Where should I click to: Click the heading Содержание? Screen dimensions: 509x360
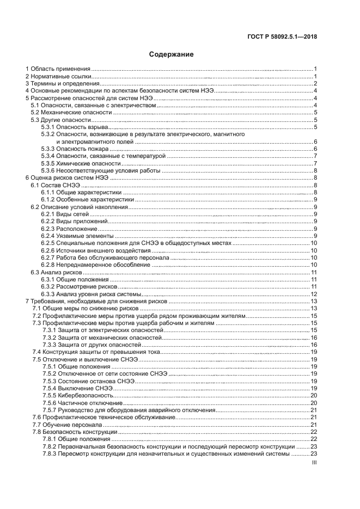click(x=171, y=54)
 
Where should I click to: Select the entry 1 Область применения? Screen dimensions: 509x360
click(x=58, y=69)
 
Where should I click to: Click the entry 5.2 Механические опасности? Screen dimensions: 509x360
click(x=71, y=112)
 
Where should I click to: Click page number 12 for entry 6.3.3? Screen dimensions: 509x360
click(x=314, y=294)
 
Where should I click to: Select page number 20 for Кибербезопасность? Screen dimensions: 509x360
click(x=314, y=395)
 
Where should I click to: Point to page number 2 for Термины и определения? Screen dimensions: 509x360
click(x=315, y=83)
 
